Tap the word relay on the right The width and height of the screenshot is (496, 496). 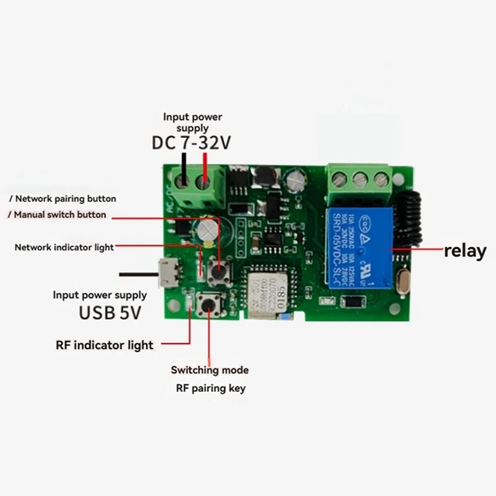point(464,251)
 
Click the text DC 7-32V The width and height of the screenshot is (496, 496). point(192,143)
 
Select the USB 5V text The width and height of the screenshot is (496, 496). point(110,312)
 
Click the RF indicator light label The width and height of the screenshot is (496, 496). point(104,345)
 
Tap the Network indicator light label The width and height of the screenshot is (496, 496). point(64,247)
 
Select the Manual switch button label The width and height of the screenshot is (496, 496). point(58,215)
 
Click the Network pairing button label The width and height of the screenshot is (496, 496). point(62,199)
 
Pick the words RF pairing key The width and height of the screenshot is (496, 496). point(208,388)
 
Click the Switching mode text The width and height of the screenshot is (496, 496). point(210,370)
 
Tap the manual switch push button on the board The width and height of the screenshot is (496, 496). point(219,270)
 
